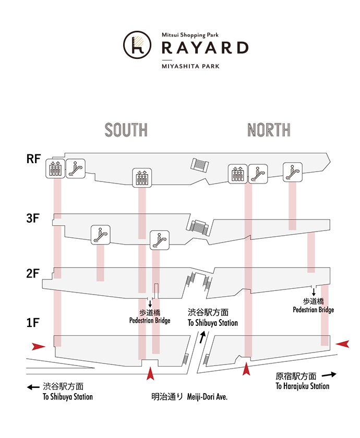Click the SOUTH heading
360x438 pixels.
tap(126, 130)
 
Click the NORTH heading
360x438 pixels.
tap(269, 130)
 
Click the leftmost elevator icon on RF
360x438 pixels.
tap(55, 168)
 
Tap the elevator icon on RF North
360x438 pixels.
tap(237, 174)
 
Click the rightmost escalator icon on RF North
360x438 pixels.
tap(293, 172)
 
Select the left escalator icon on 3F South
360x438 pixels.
tap(100, 234)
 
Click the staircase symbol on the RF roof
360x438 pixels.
tap(200, 164)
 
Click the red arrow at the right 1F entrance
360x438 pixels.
tap(342, 344)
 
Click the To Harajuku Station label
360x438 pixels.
tap(303, 386)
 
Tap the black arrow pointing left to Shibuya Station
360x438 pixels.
tap(33, 387)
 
